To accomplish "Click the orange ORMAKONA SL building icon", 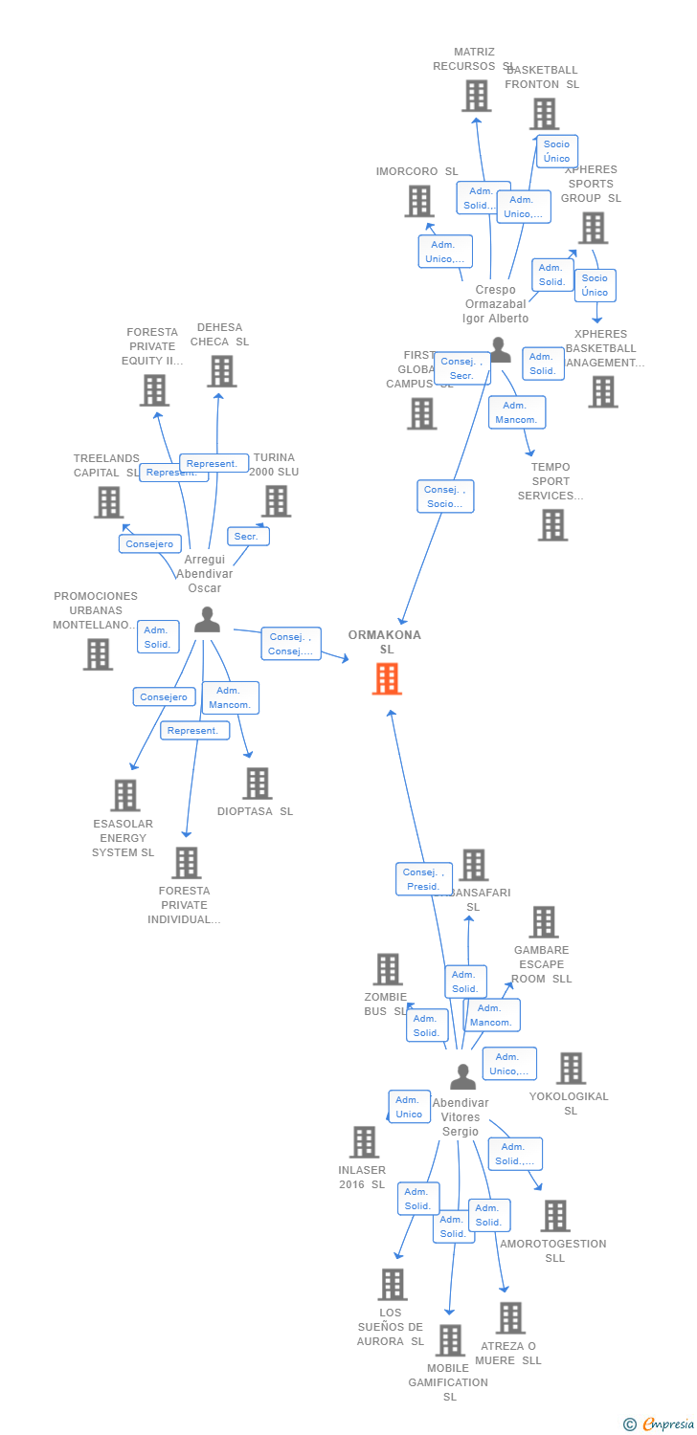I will (x=387, y=678).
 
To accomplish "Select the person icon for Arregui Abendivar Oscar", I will (x=207, y=621).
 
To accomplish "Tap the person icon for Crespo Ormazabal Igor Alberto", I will (x=500, y=350).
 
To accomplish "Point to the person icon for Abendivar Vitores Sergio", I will (x=462, y=1077).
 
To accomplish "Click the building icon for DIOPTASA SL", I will (x=257, y=784).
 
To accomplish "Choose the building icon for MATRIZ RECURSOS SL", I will (x=476, y=96).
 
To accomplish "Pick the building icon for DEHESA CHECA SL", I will (x=221, y=371).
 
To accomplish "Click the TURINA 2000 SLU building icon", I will (x=276, y=500).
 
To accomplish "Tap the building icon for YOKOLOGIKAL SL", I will (x=571, y=1069).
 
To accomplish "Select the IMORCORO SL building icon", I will (x=418, y=201).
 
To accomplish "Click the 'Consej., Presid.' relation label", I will (x=424, y=879).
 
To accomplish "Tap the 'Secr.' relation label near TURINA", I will (x=247, y=537).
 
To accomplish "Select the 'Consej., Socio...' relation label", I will (x=445, y=497).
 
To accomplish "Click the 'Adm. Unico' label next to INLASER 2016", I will (x=409, y=1107).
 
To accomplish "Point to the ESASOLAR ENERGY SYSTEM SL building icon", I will (x=124, y=795).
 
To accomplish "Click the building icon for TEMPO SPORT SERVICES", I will (x=551, y=524).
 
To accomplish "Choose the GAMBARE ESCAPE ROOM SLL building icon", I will (x=543, y=922).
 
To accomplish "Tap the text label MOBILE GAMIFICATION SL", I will (x=448, y=1382).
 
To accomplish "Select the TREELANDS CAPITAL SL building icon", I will (x=109, y=502).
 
